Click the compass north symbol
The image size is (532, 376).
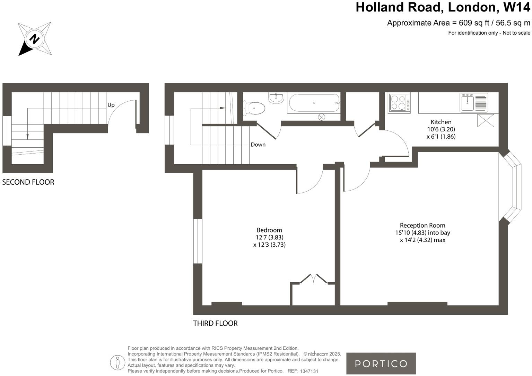pos(34,39)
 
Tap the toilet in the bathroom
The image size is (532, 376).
pos(255,108)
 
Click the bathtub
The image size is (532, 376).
pos(314,103)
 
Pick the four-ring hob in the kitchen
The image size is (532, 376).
pos(399,103)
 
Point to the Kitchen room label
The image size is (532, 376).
pos(441,122)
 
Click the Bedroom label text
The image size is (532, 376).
pos(269,230)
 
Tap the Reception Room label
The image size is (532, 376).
pos(422,225)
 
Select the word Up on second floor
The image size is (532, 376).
pos(111,105)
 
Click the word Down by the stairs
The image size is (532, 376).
pos(258,145)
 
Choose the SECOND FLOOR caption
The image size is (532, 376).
pos(28,182)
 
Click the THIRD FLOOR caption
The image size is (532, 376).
pos(215,323)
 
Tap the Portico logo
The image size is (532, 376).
pos(381,363)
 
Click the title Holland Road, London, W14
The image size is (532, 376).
pos(443,7)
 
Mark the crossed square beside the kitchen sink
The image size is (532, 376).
pos(486,120)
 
